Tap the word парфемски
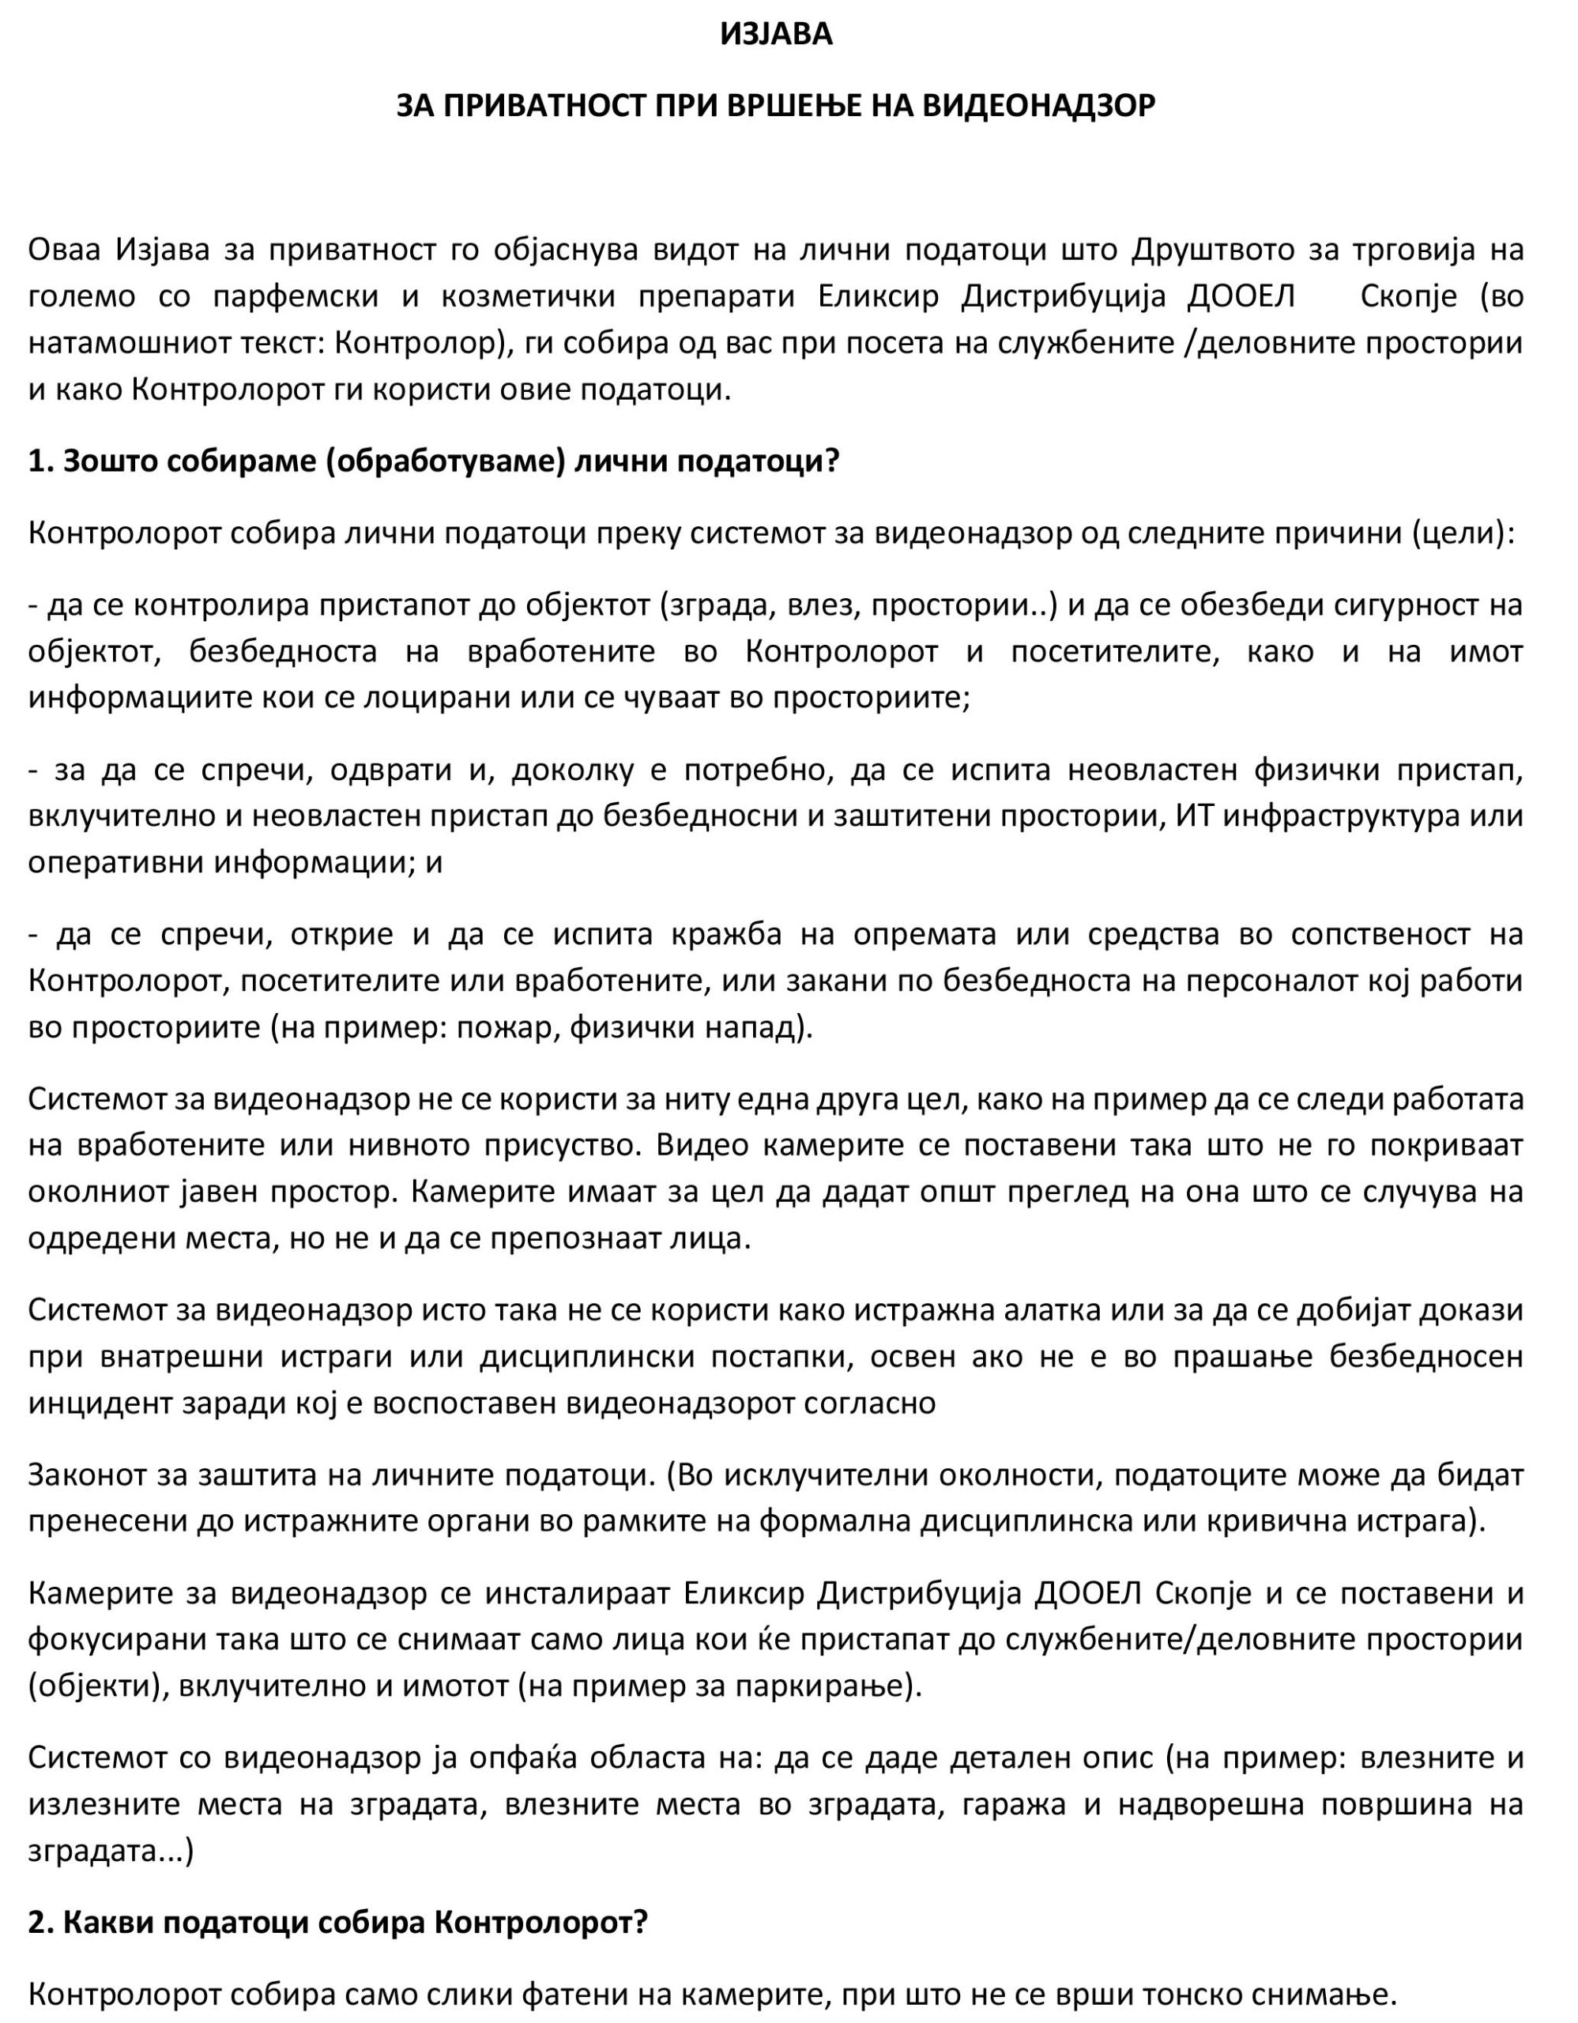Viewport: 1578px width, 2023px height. click(296, 296)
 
